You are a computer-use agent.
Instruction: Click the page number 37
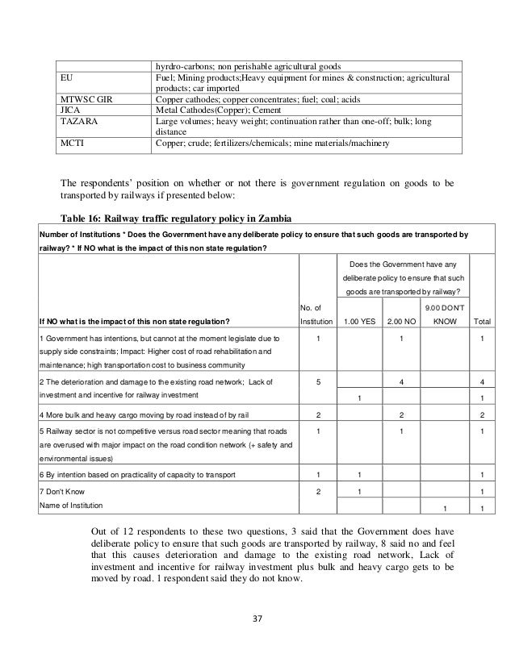[x=258, y=619]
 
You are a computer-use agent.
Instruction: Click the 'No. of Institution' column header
[x=317, y=315]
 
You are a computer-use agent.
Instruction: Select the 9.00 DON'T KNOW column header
[x=444, y=315]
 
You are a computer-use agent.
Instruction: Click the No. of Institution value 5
[x=317, y=381]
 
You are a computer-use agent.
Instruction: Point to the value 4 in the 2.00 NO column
[x=401, y=381]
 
